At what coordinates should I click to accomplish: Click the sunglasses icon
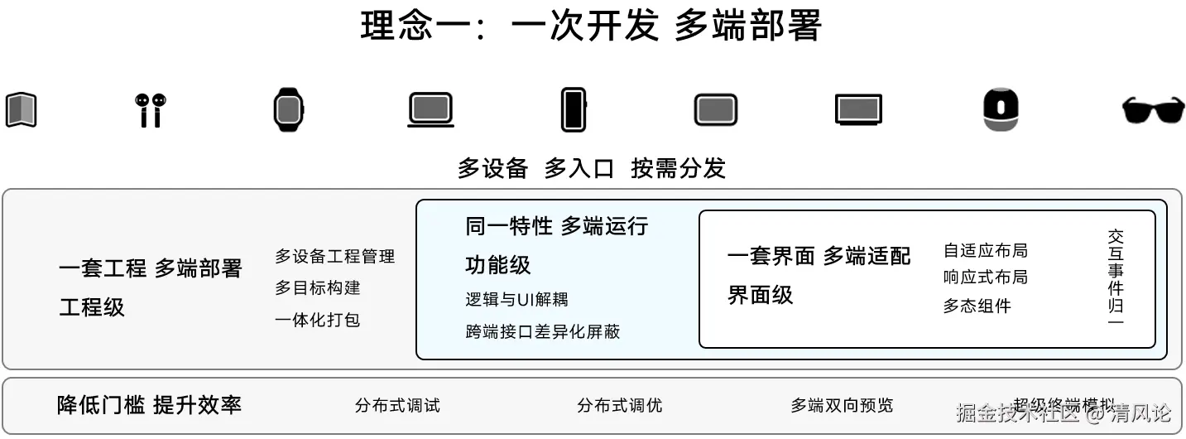click(1153, 110)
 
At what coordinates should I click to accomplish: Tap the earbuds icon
click(149, 110)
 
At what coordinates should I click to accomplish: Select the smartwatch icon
click(289, 109)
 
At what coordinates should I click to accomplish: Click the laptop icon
click(430, 110)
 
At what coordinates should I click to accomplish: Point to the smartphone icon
click(573, 109)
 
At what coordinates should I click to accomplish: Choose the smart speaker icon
click(1001, 109)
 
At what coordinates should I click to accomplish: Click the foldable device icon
click(21, 110)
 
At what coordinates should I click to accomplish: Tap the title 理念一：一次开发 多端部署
click(591, 26)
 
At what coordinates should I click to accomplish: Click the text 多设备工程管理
click(334, 257)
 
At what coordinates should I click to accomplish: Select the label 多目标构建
click(318, 288)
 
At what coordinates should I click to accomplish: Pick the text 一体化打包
click(318, 320)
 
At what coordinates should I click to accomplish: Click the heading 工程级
click(92, 307)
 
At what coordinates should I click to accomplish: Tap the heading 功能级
click(498, 265)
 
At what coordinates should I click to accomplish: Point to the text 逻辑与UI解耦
click(516, 299)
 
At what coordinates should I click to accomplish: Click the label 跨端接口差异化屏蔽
click(543, 332)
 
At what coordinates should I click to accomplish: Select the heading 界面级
click(760, 295)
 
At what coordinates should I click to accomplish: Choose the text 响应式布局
click(985, 277)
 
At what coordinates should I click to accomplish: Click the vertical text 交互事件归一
click(1116, 277)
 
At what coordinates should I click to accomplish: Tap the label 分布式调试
click(397, 406)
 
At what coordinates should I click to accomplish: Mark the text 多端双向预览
click(842, 406)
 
